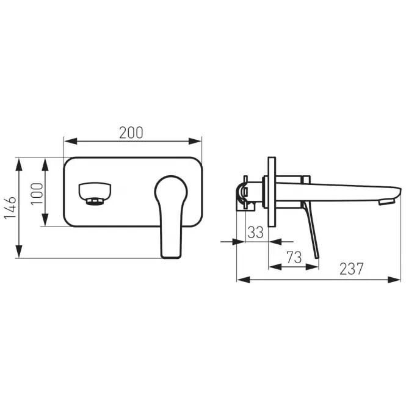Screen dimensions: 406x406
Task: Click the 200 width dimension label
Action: tap(131, 133)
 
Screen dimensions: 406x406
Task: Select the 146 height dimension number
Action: tap(10, 207)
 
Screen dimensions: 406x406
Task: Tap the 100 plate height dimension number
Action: tap(37, 194)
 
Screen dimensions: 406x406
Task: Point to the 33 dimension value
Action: tap(255, 232)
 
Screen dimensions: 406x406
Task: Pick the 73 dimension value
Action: tap(294, 258)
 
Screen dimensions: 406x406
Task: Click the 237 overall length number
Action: tap(352, 269)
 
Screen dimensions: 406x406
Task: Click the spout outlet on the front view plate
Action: tap(95, 194)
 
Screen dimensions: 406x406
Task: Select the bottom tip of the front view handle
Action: tap(171, 257)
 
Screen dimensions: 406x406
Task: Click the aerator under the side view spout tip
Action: tap(387, 201)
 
